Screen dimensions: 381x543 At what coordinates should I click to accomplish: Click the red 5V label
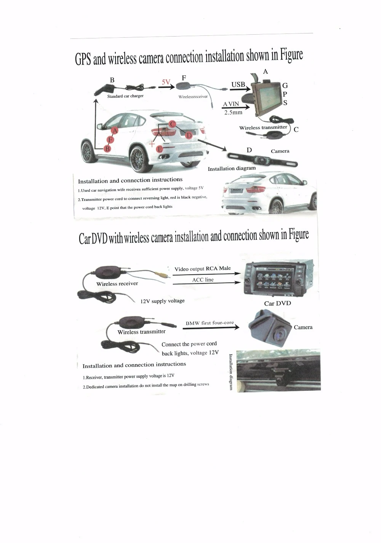(x=166, y=81)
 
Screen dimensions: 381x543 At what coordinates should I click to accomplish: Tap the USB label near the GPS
(x=239, y=84)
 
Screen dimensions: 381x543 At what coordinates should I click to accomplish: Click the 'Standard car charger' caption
(x=125, y=96)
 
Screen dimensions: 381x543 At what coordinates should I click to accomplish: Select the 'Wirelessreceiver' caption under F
(x=193, y=97)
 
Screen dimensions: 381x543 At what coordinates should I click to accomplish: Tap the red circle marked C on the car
(x=172, y=124)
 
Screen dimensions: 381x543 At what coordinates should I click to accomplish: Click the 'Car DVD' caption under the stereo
(x=277, y=303)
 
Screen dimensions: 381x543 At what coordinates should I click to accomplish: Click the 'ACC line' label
(x=203, y=280)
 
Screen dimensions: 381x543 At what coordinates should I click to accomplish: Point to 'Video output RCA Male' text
(x=203, y=269)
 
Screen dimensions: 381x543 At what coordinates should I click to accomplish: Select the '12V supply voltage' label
(x=163, y=301)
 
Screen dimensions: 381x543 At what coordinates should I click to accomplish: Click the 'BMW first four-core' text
(x=210, y=323)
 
